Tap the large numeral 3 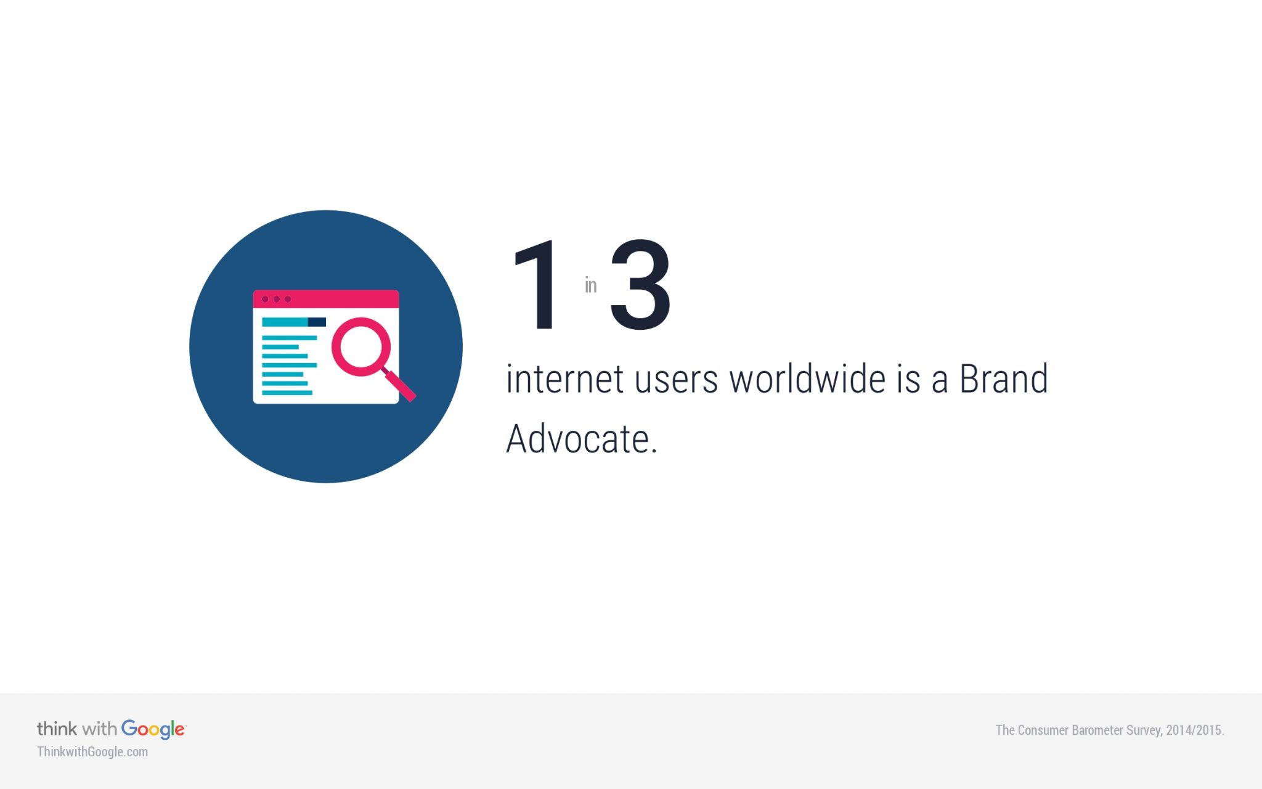click(640, 285)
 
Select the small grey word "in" click(590, 285)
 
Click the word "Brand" click(1004, 378)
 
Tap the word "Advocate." click(582, 439)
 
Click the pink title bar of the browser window click(326, 299)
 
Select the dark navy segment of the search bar click(317, 322)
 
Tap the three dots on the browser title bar click(276, 299)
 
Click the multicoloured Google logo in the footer click(153, 729)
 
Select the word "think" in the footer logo click(57, 729)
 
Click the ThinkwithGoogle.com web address click(92, 752)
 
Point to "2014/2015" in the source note click(1195, 730)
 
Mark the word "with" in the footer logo click(99, 729)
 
